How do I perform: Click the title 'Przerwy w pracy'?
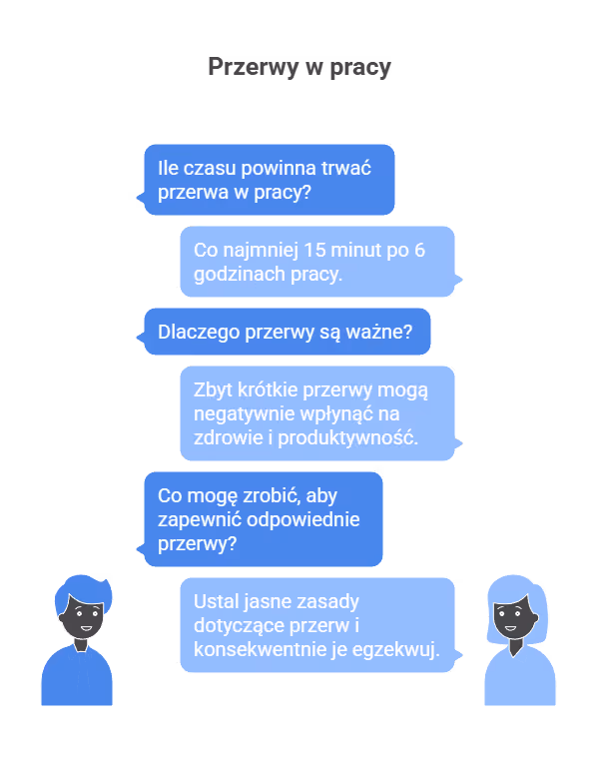(x=299, y=68)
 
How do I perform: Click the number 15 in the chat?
(x=315, y=250)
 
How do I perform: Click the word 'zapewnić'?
(x=200, y=520)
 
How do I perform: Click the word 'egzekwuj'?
(x=395, y=650)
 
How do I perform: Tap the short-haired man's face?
(x=83, y=617)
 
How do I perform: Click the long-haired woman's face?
(x=513, y=617)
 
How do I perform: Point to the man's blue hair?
(x=83, y=590)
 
